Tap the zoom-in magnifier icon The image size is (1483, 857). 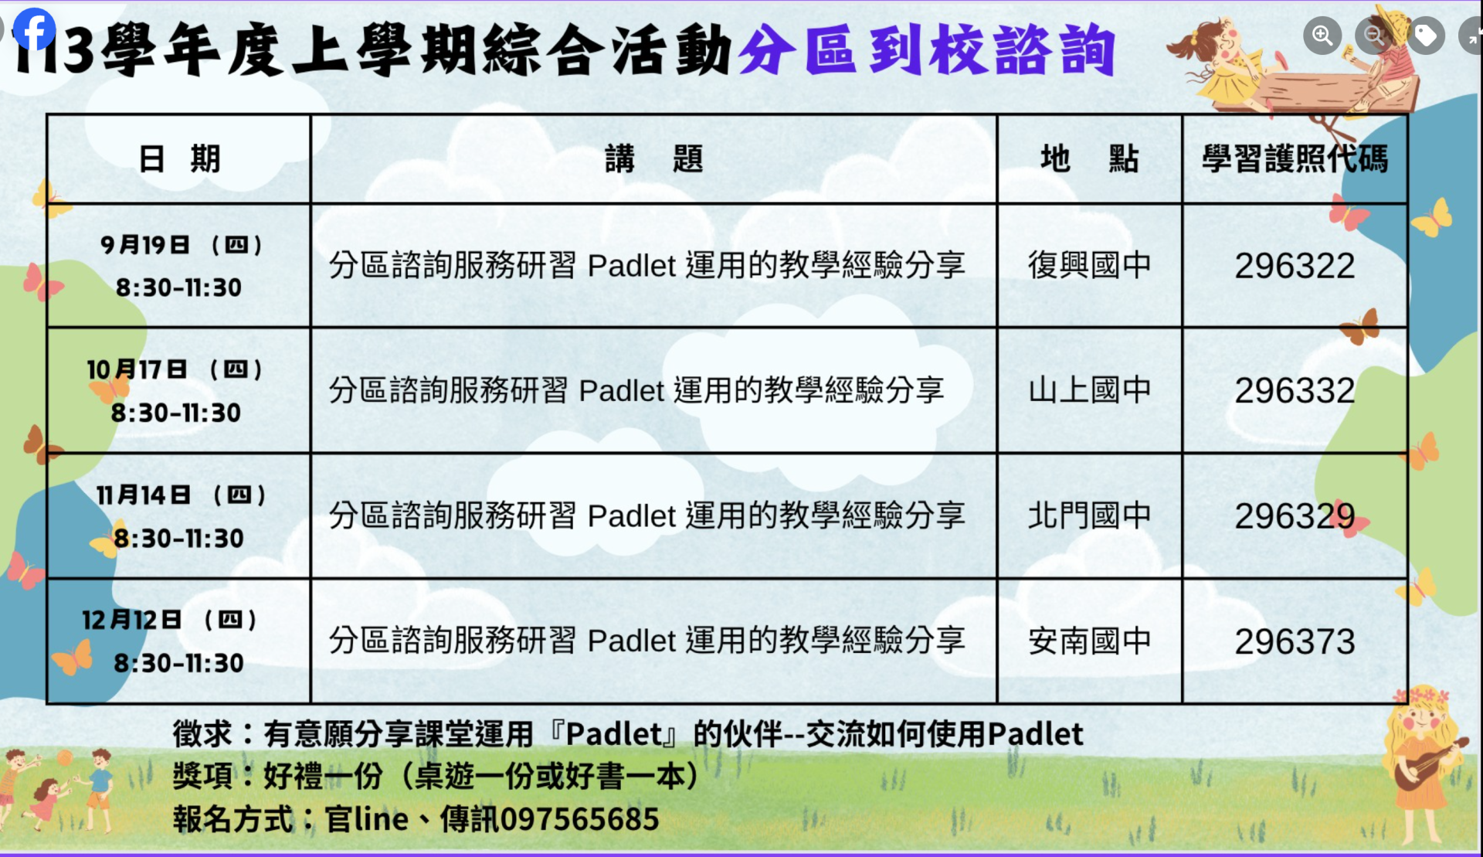[1322, 36]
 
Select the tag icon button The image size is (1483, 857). [1426, 36]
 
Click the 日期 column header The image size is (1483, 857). [179, 159]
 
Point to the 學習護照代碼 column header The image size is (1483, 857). [1295, 159]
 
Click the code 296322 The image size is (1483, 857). [1295, 266]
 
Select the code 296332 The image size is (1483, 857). [1295, 390]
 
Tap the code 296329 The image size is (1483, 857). [1295, 516]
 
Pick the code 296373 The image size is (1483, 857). [1295, 641]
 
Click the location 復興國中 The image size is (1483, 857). [1089, 265]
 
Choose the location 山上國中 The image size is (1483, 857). [1089, 390]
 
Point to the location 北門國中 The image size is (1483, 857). [1089, 515]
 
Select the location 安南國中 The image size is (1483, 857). [1089, 641]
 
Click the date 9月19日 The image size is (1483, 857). [144, 245]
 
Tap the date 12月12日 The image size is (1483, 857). [131, 620]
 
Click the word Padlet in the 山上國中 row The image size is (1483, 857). [622, 391]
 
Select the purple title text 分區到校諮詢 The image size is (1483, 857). [927, 50]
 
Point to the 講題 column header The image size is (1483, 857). [653, 159]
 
